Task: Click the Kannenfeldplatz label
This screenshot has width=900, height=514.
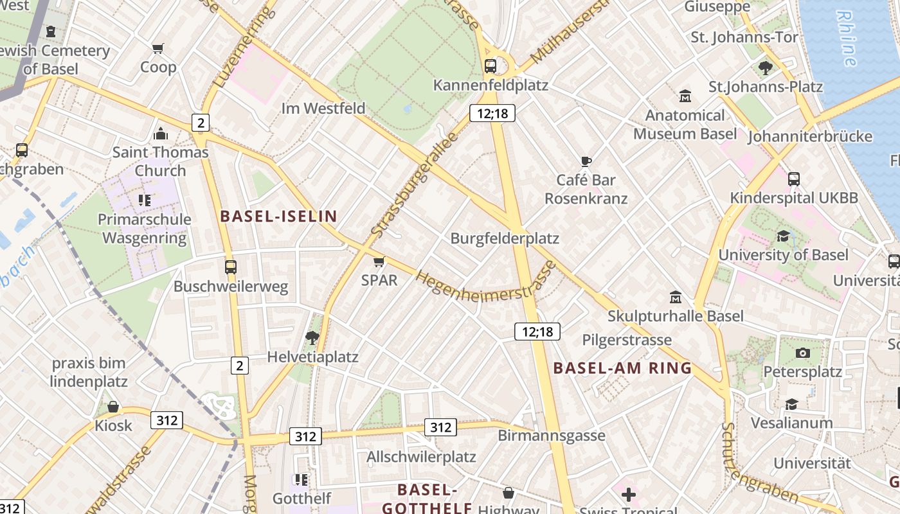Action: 491,85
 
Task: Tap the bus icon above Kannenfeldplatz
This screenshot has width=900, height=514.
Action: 491,66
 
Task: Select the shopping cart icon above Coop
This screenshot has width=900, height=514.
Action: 158,48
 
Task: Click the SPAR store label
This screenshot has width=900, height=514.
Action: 379,280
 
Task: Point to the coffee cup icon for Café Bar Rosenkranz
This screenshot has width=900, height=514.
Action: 586,161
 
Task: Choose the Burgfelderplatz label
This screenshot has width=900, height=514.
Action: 505,238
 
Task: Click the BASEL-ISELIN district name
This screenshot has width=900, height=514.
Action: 278,217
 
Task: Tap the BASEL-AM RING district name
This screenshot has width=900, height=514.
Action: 622,368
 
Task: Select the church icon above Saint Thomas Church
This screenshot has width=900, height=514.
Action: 160,134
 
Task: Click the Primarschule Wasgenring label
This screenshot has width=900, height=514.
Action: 145,229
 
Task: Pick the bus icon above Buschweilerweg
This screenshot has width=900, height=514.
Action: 231,267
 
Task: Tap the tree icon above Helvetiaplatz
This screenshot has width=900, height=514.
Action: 312,337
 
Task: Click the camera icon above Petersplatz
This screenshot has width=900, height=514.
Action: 802,353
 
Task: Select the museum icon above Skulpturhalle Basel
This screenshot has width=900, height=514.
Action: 676,297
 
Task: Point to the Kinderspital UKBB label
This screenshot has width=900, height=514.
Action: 794,198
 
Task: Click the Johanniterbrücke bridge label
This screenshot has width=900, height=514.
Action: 810,137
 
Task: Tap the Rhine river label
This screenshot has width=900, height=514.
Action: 847,39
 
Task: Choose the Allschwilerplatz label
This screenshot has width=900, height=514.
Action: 421,457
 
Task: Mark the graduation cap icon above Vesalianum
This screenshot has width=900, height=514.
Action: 791,404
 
